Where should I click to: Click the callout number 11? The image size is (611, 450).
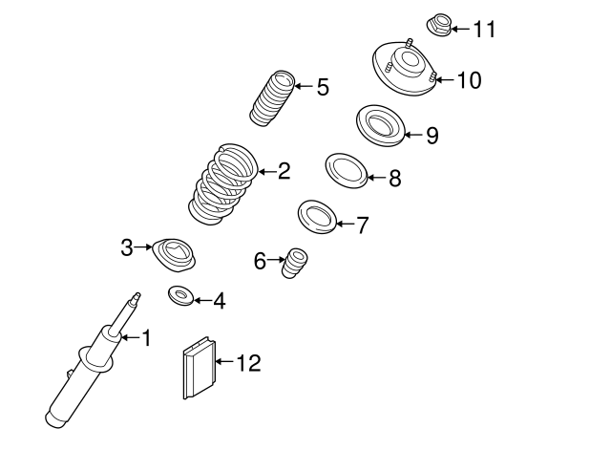tap(484, 29)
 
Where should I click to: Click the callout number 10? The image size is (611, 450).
tap(470, 80)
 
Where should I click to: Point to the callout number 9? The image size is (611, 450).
tap(432, 136)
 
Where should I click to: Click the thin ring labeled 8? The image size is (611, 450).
tap(347, 171)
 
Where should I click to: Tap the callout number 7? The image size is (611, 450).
tap(361, 225)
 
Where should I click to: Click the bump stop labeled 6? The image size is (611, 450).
tap(294, 264)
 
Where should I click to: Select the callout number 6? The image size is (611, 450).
tap(260, 260)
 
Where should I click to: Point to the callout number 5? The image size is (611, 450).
tap(323, 88)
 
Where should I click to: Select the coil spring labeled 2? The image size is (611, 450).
tap(222, 184)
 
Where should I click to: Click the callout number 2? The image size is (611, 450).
tap(284, 172)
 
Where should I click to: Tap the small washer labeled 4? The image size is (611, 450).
tap(179, 296)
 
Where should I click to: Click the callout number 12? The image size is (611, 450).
tap(247, 363)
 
